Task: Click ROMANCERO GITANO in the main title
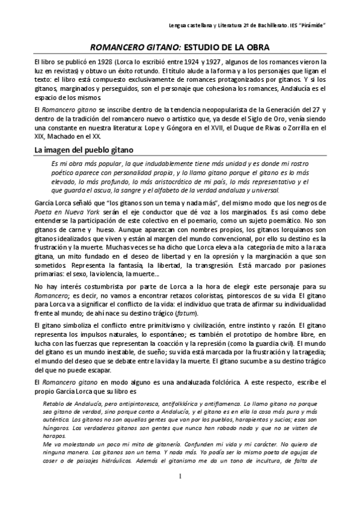(127, 46)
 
